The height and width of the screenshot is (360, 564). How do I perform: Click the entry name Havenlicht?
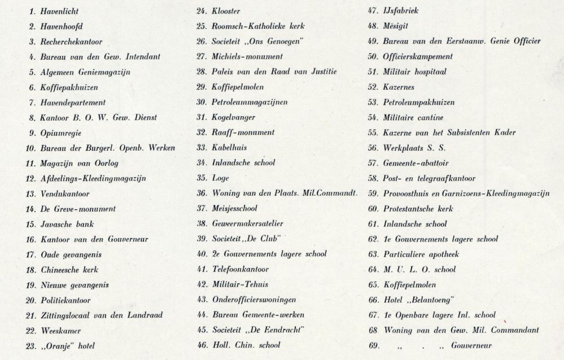click(60, 11)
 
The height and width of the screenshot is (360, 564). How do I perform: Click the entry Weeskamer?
click(61, 331)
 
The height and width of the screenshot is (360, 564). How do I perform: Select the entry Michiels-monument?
click(247, 56)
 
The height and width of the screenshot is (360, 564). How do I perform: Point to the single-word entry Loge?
click(220, 178)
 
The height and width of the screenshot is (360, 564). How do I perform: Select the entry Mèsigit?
click(396, 26)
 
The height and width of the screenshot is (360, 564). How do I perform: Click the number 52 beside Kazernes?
click(372, 87)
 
